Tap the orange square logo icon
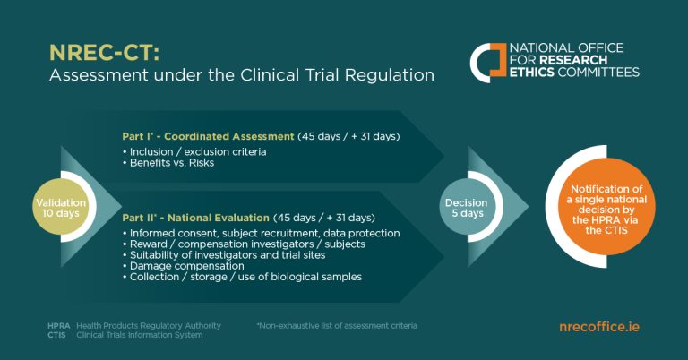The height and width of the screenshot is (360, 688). pyautogui.click(x=487, y=59)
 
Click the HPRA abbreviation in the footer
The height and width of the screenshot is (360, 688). pyautogui.click(x=59, y=325)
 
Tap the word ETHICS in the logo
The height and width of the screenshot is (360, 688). pyautogui.click(x=534, y=72)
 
